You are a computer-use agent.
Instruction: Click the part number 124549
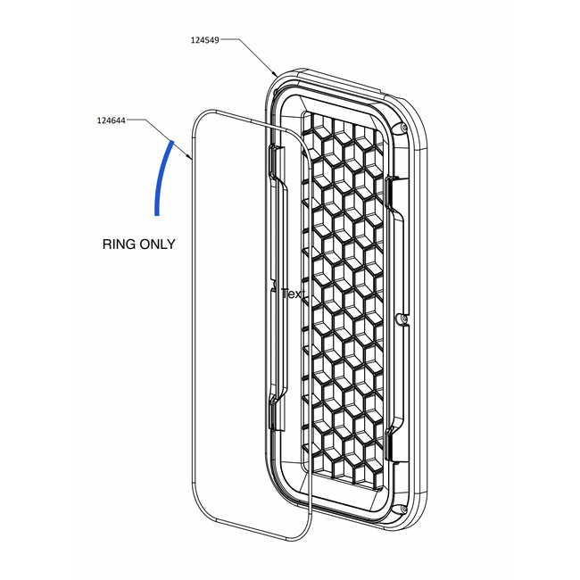(x=205, y=40)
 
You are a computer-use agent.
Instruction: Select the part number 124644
(x=112, y=120)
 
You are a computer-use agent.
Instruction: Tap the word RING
(x=119, y=244)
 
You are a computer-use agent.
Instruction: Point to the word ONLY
(x=158, y=244)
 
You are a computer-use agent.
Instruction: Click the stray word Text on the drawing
(x=293, y=294)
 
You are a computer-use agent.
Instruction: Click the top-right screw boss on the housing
(x=403, y=128)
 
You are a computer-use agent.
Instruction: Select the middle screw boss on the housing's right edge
(x=402, y=319)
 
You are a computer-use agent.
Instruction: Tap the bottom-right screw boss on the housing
(x=403, y=510)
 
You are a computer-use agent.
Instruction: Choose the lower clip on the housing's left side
(x=277, y=415)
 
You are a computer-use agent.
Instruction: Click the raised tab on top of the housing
(x=338, y=80)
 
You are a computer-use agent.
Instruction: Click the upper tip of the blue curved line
(x=172, y=141)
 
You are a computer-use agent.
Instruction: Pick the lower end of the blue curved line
(x=157, y=214)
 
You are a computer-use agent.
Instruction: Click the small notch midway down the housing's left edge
(x=273, y=286)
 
